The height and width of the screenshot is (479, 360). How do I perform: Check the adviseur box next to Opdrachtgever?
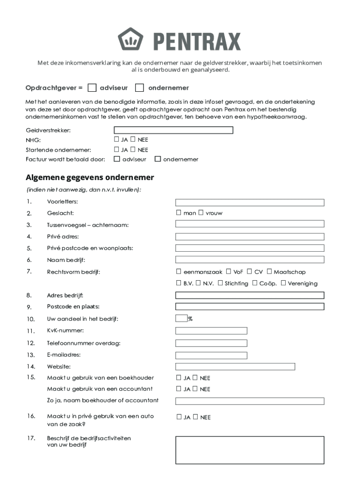click(93, 88)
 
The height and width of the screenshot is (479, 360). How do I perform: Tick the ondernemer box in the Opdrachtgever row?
click(139, 88)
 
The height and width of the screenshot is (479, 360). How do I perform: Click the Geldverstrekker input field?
click(173, 130)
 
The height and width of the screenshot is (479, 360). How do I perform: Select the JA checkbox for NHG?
click(116, 139)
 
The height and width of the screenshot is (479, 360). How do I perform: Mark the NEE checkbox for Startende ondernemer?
click(133, 150)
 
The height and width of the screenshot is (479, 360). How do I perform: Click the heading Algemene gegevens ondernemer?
click(90, 178)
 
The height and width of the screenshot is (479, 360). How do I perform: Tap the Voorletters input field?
click(250, 203)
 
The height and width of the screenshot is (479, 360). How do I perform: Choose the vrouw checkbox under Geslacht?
click(201, 213)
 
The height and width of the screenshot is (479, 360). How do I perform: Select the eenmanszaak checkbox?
click(179, 271)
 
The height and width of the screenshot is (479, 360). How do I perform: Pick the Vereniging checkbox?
click(283, 283)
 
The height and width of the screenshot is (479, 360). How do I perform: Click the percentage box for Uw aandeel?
click(181, 319)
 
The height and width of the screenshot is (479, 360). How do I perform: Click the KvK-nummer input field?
click(211, 331)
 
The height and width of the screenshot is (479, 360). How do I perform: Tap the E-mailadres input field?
click(211, 355)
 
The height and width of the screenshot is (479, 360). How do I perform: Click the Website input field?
click(235, 367)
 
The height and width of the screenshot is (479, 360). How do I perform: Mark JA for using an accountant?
click(179, 389)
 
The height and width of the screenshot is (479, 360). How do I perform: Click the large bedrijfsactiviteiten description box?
click(250, 450)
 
